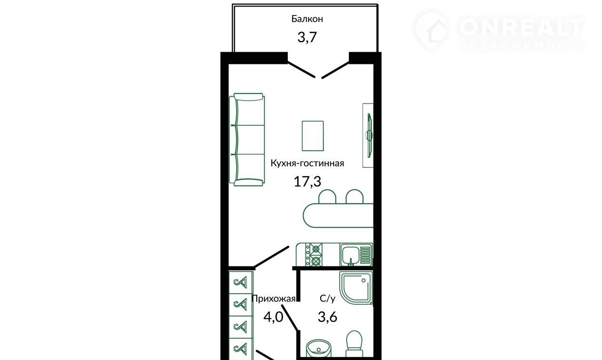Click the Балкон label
pos(307,19)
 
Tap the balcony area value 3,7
pos(307,37)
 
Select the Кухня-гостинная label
pos(307,163)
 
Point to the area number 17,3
pos(308,181)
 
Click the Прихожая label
pos(274,299)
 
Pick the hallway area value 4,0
pos(273,317)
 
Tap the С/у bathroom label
pos(328,298)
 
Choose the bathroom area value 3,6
pos(328,317)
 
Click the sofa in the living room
pos(247,140)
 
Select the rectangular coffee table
pos(313,136)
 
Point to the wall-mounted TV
pos(370,136)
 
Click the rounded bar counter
pos(338,215)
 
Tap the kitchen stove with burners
pos(314,255)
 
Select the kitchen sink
pos(356,255)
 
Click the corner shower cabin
pos(356,288)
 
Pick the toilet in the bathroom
pos(354,344)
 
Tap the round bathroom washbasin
pos(319,348)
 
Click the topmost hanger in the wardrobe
pos(240,282)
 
